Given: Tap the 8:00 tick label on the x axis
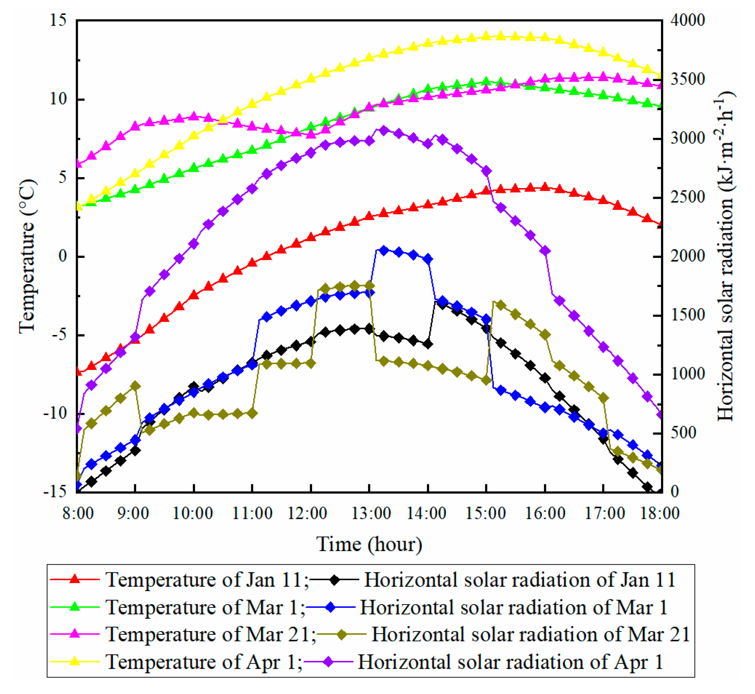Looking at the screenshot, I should pyautogui.click(x=78, y=514).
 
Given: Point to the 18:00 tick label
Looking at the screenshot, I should pyautogui.click(x=660, y=514).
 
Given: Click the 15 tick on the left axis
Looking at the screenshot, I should pyautogui.click(x=58, y=20).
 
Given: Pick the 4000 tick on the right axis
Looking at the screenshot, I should pyautogui.click(x=688, y=20).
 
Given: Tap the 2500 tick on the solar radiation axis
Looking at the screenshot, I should pyautogui.click(x=688, y=197).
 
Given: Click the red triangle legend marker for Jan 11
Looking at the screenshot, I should pyautogui.click(x=75, y=579).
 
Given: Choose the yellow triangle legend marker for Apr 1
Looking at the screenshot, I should pyautogui.click(x=75, y=661).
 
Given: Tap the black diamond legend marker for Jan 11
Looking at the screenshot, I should pyautogui.click(x=334, y=579).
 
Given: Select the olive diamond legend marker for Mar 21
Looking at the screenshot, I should pyautogui.click(x=341, y=634).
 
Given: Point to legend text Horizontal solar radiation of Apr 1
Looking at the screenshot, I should pyautogui.click(x=510, y=662).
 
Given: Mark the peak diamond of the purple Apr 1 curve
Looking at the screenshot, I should pyautogui.click(x=384, y=131).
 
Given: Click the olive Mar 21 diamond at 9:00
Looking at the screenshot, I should pyautogui.click(x=135, y=386).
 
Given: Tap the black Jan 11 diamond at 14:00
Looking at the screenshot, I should pyautogui.click(x=428, y=344).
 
